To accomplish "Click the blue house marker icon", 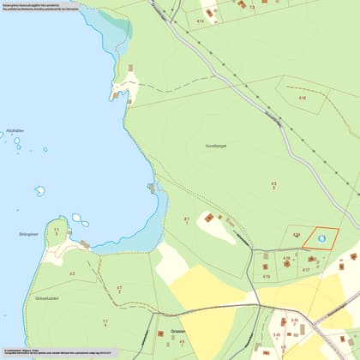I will point(321,240).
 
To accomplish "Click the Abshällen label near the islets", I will point(15,130).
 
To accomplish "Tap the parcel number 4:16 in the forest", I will point(302,99).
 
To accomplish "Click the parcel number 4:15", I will point(267,277).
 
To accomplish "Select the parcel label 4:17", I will point(304,270).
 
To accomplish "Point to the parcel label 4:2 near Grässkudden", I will point(72,273).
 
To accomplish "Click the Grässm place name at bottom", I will point(177,328).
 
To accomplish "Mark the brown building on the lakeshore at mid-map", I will point(152,188).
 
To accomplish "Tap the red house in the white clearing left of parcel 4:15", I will point(208,218).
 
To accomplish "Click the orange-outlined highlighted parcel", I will point(321,238).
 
